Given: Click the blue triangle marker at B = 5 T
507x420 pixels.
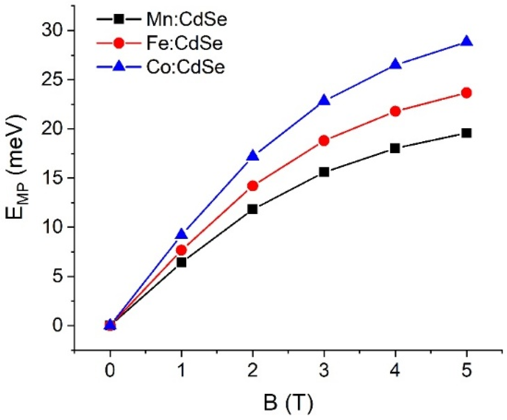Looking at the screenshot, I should click(x=466, y=41).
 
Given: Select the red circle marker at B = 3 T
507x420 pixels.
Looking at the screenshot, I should click(x=324, y=140).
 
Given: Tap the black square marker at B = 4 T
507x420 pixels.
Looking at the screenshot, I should click(x=395, y=148).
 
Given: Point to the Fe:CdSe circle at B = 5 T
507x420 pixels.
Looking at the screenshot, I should click(x=466, y=93).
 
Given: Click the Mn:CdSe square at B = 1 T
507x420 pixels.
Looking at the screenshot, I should click(x=182, y=262).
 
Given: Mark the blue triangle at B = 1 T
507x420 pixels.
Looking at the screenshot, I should click(x=182, y=234).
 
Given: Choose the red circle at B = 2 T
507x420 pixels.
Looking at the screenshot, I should click(x=253, y=186).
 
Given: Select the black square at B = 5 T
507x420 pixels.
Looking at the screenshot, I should click(x=466, y=133).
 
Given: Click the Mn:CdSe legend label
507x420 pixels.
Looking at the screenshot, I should click(x=186, y=20).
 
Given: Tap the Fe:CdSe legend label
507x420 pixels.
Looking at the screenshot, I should click(x=184, y=43).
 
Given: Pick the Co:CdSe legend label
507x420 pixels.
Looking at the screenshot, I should click(x=185, y=67).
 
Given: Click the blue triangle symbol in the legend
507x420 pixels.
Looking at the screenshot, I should click(x=119, y=67).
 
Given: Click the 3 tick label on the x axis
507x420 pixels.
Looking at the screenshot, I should click(x=324, y=371).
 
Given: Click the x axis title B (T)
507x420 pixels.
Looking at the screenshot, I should click(x=288, y=403).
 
